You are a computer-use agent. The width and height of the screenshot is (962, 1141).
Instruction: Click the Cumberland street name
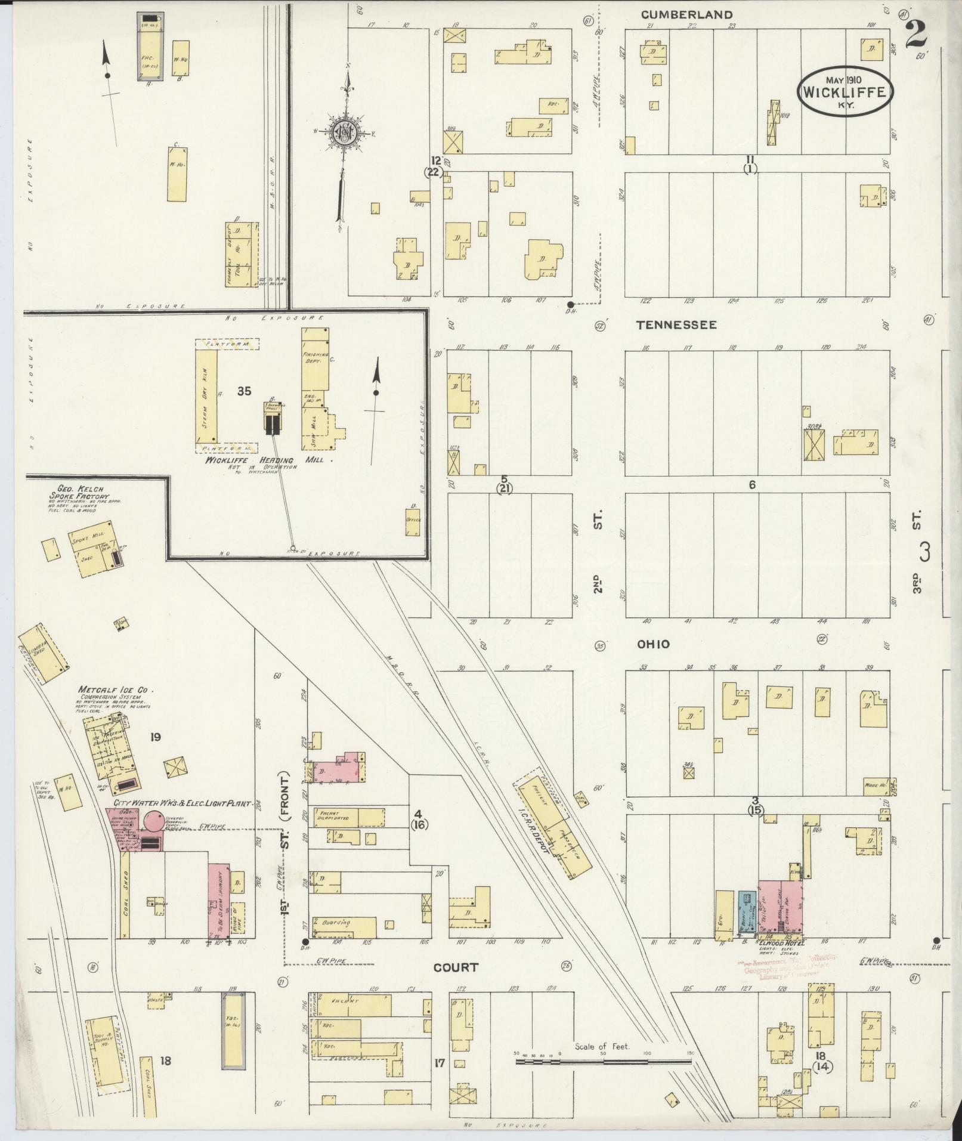click(686, 14)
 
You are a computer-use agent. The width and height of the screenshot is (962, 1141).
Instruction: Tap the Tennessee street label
click(676, 325)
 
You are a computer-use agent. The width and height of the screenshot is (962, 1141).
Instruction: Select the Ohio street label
click(653, 644)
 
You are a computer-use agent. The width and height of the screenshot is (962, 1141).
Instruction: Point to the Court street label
click(456, 967)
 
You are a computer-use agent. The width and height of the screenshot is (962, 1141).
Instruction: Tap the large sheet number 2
click(916, 35)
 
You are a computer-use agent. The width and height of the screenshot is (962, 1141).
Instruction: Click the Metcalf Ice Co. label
click(116, 690)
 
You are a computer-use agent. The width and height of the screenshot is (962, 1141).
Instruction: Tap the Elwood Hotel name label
click(782, 943)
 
